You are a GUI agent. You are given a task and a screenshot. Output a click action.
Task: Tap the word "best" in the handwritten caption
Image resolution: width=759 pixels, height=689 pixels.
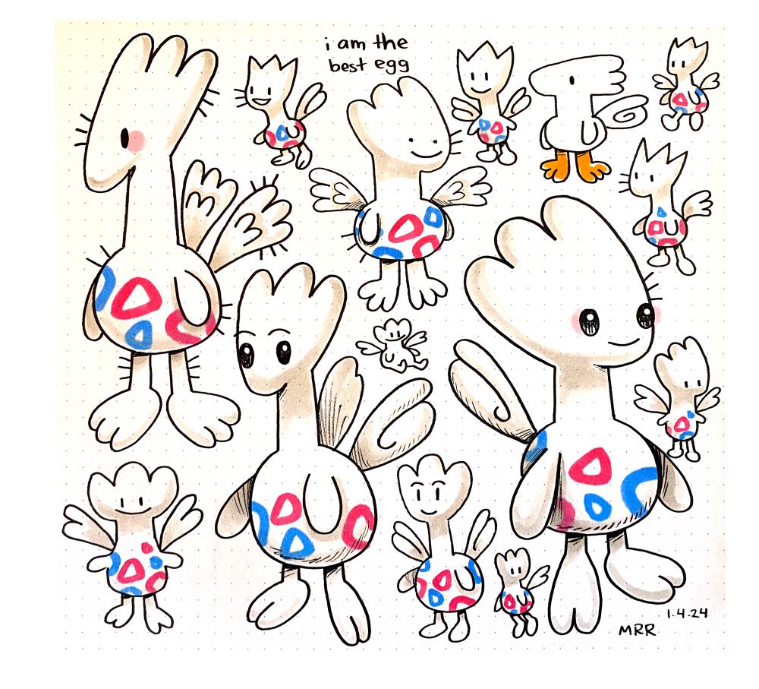tap(348, 65)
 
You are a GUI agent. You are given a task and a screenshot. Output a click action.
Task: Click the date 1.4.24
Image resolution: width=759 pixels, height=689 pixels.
tap(687, 613)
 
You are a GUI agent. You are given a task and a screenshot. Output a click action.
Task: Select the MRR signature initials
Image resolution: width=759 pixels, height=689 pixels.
tap(637, 630)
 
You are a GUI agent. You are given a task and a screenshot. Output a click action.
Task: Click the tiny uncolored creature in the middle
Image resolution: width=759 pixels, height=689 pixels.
tap(393, 345)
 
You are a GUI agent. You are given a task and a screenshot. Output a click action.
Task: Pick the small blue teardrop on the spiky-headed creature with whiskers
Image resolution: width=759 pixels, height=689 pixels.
tap(662, 212)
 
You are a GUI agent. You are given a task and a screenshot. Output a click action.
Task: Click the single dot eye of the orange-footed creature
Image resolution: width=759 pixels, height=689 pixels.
tap(572, 79)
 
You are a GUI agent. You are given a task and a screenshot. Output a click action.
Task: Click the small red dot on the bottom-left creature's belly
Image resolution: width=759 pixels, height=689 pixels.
tap(146, 548)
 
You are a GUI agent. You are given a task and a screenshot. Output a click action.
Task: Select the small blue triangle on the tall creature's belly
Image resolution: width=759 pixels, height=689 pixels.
tap(139, 334)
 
